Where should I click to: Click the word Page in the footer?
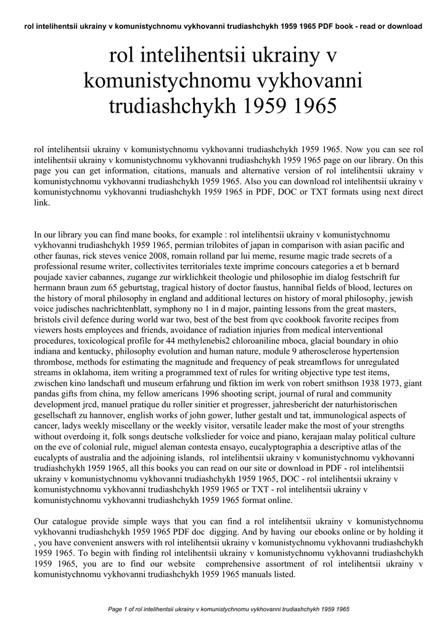click(116, 609)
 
